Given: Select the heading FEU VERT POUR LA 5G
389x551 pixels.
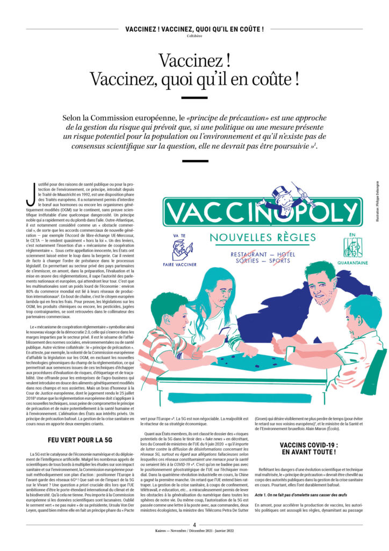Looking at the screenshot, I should tap(80, 440).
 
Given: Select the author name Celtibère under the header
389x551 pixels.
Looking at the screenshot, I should tap(195, 36).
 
